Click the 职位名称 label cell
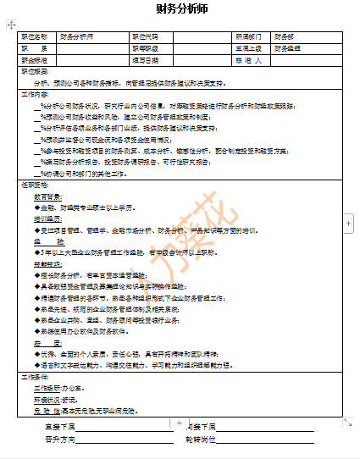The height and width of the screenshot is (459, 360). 35,38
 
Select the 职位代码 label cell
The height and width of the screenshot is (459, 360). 146,38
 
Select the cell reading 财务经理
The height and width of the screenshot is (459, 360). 288,49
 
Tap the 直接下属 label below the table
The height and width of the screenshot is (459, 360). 60,427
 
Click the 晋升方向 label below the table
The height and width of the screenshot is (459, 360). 60,440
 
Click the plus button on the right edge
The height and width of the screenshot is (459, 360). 348,221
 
